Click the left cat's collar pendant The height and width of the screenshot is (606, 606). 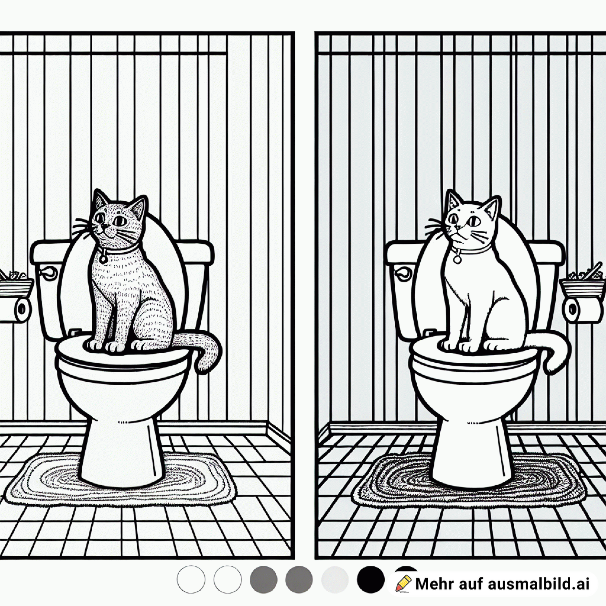(103, 260)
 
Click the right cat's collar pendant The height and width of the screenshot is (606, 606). (458, 260)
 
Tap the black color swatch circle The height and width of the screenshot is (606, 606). (371, 579)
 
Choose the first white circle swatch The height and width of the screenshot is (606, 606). (191, 579)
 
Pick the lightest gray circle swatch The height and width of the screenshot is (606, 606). (335, 579)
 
